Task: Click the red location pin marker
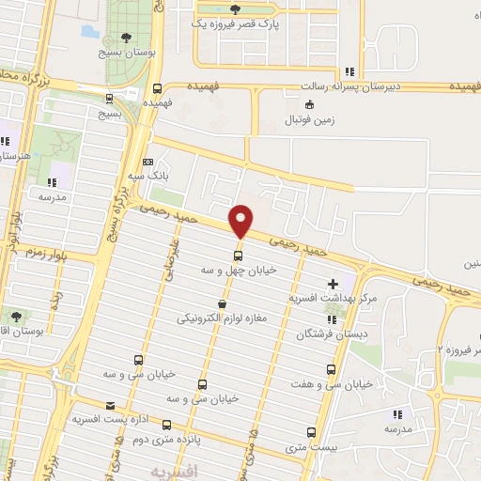240,221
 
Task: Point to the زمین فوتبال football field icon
311,104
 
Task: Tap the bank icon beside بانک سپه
147,162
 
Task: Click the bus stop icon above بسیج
110,98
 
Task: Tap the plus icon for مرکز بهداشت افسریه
334,283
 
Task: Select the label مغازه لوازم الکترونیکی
223,319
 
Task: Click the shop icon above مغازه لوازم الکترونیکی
222,304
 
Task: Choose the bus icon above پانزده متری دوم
167,425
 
